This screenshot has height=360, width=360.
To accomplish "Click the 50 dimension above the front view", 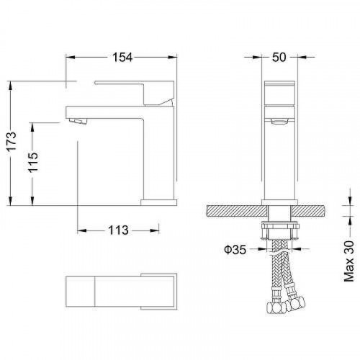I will [280, 58].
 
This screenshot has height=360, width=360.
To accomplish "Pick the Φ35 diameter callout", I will [235, 250].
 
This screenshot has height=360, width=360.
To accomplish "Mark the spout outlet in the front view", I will [280, 125].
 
